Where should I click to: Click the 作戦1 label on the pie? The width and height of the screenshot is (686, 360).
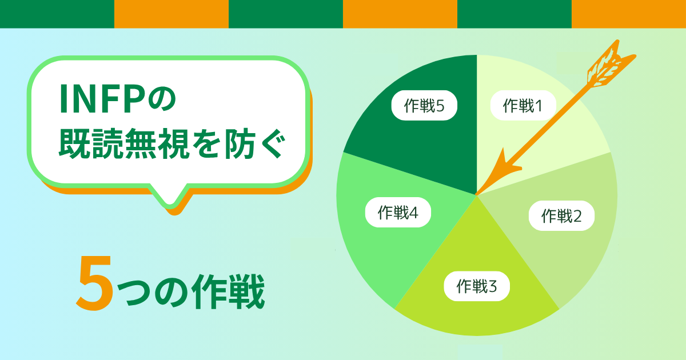click(523, 105)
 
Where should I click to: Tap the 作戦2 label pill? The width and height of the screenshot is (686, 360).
click(561, 215)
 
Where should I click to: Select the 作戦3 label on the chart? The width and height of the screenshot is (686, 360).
click(477, 286)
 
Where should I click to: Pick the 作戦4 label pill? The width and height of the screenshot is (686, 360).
click(398, 212)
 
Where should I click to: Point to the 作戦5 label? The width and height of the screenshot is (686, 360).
click(424, 105)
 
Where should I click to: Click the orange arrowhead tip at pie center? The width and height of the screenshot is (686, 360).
click(477, 194)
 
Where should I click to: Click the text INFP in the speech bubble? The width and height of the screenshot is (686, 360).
click(101, 99)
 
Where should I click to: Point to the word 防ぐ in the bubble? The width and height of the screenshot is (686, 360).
click(255, 143)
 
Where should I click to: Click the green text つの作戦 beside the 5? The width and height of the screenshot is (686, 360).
click(191, 291)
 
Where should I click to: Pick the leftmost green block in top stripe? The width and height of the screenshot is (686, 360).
click(57, 14)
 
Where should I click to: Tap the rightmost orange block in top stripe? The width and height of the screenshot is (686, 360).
click(629, 14)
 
